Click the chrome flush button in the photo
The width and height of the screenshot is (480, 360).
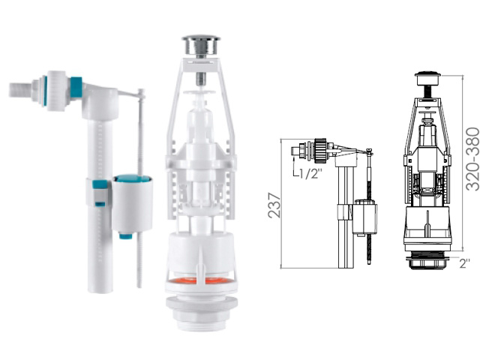[x=201, y=46]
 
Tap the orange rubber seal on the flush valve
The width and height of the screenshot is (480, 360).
[x=200, y=280]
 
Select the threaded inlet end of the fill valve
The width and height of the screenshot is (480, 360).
[x=21, y=90]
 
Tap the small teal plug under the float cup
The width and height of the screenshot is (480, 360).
[x=125, y=235]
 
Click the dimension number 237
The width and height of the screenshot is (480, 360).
[x=274, y=205]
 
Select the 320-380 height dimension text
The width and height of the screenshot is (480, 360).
[x=472, y=158]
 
